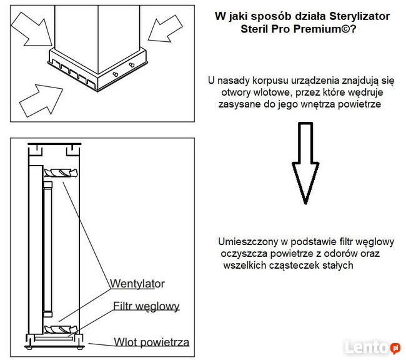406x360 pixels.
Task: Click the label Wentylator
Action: click(137, 284)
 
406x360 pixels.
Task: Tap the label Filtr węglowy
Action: click(146, 306)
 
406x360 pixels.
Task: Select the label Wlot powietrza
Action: click(151, 342)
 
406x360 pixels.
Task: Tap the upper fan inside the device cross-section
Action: click(60, 172)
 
